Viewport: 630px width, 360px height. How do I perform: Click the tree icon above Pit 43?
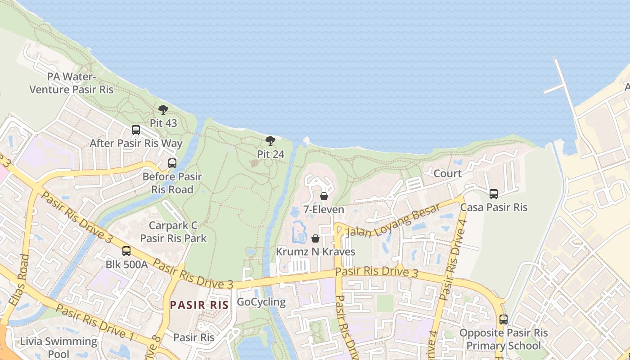click(163, 110)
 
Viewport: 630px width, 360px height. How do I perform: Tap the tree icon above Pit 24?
click(270, 141)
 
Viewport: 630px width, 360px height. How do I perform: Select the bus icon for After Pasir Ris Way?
click(136, 130)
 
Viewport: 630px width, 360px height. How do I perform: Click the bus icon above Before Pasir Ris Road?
click(172, 163)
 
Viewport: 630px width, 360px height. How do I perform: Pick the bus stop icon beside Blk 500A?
click(126, 251)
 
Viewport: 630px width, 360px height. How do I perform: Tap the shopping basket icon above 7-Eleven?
click(324, 196)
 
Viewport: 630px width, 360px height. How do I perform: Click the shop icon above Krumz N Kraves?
click(315, 238)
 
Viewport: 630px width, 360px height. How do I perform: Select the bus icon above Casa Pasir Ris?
click(494, 194)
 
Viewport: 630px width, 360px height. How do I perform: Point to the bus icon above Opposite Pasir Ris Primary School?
click(504, 319)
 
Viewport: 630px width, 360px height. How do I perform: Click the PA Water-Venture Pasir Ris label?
click(72, 83)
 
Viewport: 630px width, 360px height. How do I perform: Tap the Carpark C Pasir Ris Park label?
click(173, 232)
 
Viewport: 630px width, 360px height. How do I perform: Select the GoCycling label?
click(261, 302)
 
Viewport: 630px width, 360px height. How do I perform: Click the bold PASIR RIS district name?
click(199, 305)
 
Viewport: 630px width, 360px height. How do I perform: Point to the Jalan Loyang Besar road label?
click(393, 220)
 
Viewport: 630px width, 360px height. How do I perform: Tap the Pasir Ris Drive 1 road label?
click(95, 321)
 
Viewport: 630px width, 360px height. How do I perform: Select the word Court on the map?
click(447, 173)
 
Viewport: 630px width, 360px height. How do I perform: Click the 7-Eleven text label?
click(324, 210)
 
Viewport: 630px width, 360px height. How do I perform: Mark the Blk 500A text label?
click(126, 264)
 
